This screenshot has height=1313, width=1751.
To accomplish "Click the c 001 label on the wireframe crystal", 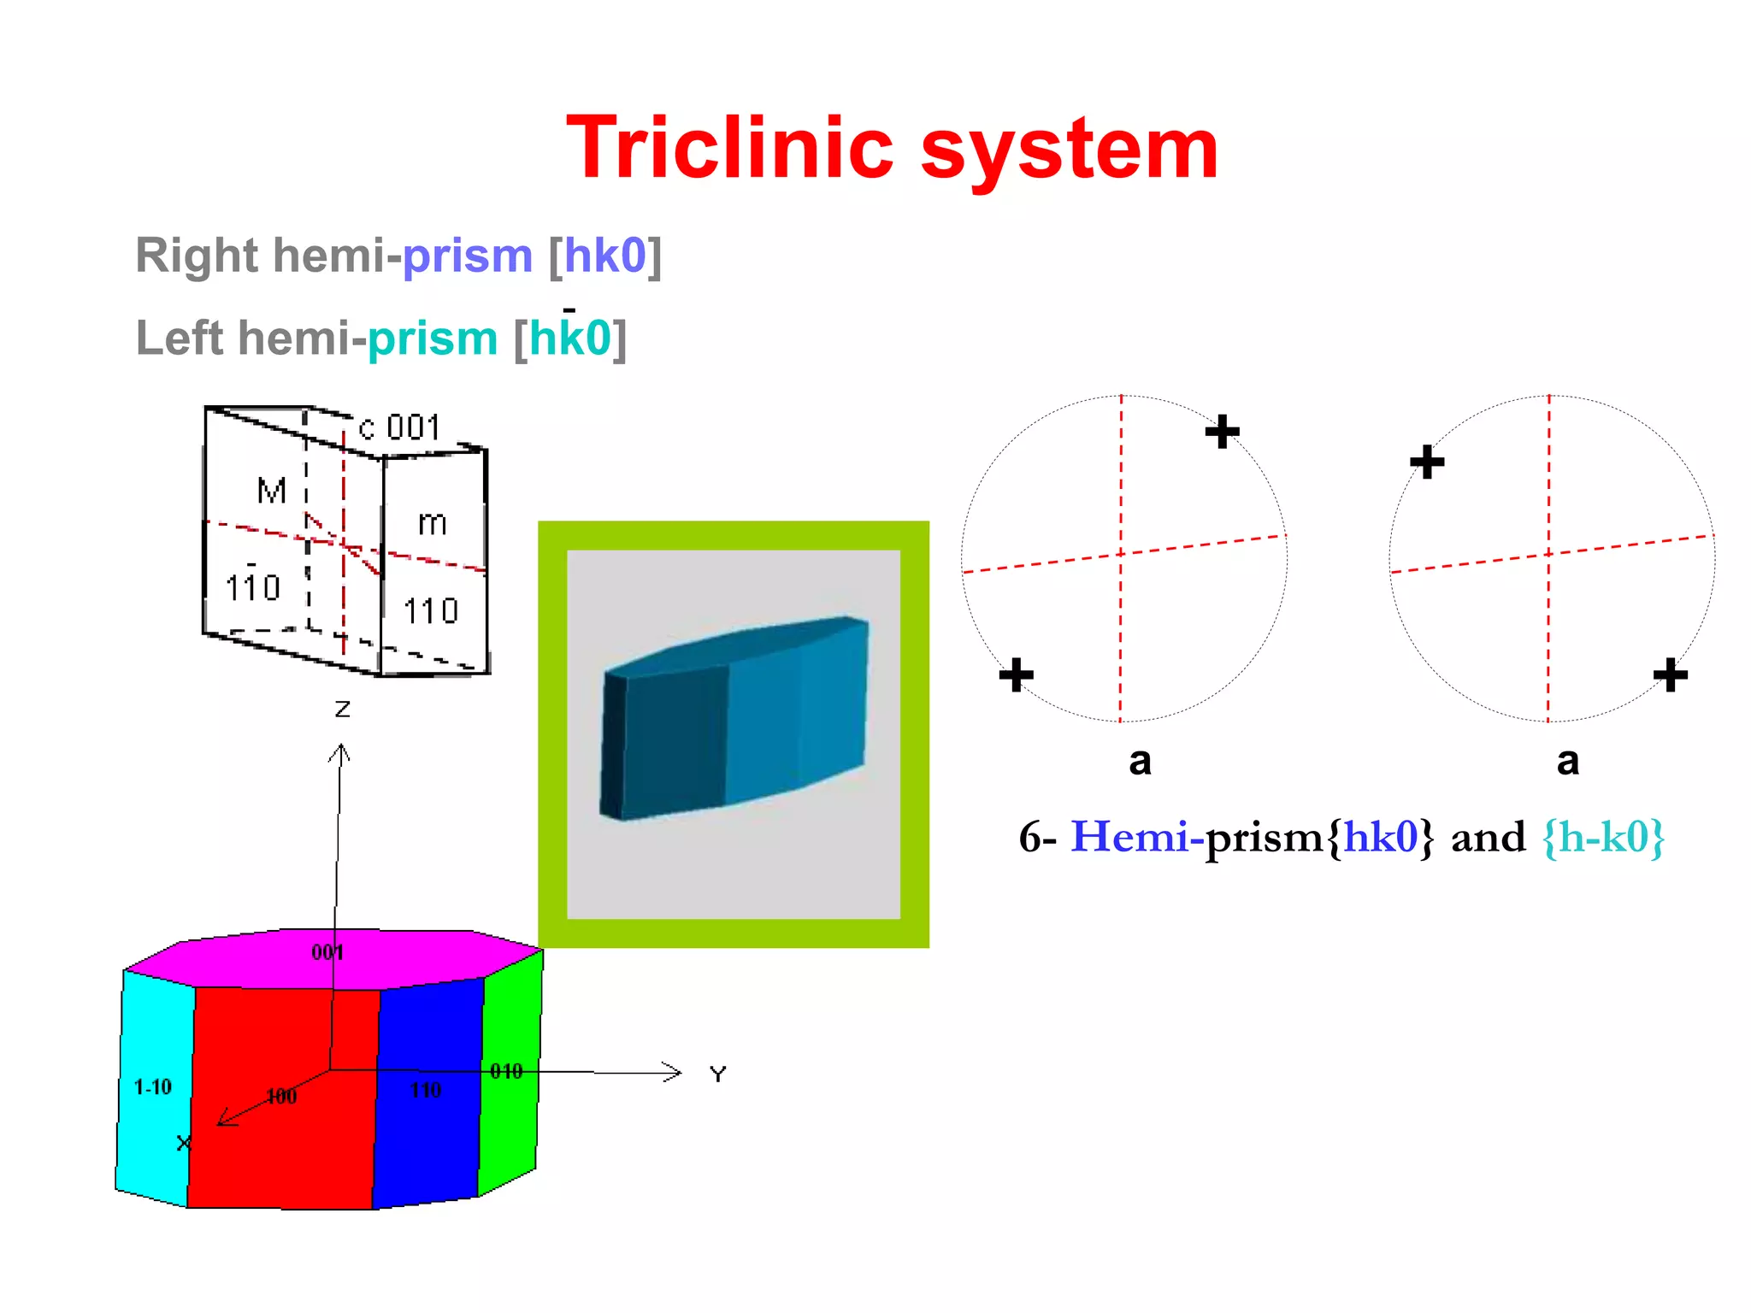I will [400, 427].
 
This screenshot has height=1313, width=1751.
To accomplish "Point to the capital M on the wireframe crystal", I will [272, 492].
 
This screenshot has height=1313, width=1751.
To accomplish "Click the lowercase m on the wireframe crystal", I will [433, 523].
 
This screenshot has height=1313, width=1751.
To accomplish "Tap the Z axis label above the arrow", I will [342, 709].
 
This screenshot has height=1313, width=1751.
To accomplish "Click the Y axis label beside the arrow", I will [718, 1075].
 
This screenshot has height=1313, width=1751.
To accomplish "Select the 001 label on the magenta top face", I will [327, 953].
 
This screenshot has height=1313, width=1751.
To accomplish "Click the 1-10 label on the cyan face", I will [153, 1087].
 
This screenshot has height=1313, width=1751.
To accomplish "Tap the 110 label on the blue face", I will [426, 1091].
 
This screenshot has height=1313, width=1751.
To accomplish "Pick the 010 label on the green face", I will [506, 1072].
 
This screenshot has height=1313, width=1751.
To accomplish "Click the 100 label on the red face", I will [281, 1097].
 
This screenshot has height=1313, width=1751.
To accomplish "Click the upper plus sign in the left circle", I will [1222, 431].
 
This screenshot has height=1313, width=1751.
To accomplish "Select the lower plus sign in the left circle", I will [1016, 674].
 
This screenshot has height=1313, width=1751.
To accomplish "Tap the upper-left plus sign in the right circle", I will [1427, 462].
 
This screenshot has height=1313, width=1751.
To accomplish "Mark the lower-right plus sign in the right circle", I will [1670, 675].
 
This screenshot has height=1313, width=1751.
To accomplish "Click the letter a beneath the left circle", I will [1140, 761].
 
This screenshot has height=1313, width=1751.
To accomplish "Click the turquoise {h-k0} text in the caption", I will [1603, 837].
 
